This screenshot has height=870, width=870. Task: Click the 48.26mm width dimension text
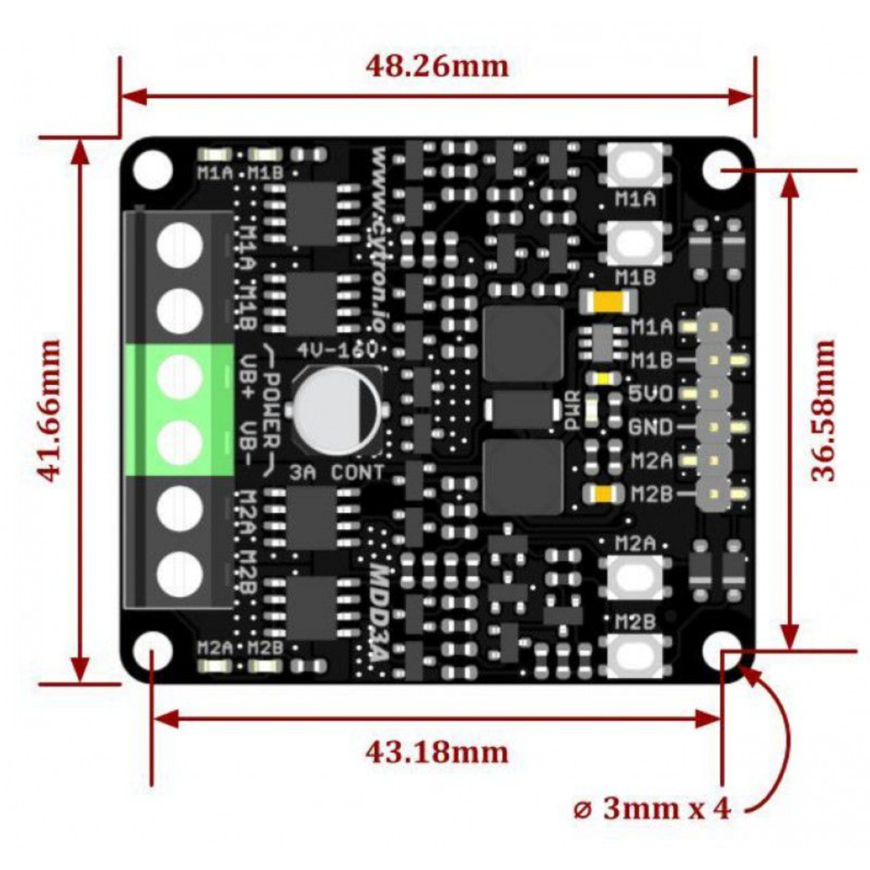[437, 65]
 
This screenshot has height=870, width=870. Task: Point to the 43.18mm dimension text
[437, 751]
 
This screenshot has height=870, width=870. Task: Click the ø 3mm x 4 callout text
[652, 808]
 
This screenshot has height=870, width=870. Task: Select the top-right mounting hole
[721, 168]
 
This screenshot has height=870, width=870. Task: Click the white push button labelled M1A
[635, 164]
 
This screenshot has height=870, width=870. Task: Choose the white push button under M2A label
[635, 578]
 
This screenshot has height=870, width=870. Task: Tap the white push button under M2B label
[635, 655]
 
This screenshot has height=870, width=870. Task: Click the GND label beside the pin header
[652, 427]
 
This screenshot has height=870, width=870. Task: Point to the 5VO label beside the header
[652, 394]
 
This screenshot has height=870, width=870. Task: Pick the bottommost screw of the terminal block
[180, 574]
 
